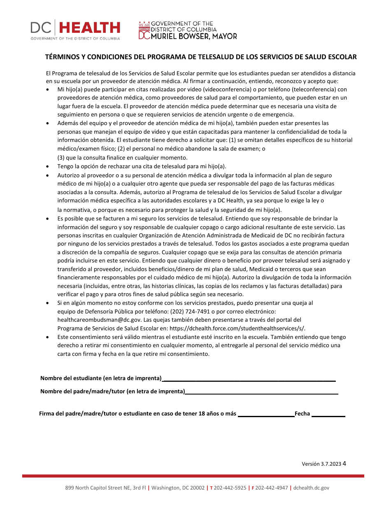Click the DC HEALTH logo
click(x=75, y=30)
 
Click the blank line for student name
click(x=249, y=378)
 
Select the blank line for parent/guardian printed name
click(x=261, y=392)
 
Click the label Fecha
click(x=302, y=414)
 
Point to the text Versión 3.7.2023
click(x=321, y=464)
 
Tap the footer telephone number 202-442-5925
click(x=230, y=488)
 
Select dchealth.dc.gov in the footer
click(x=312, y=488)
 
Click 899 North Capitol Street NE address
click(x=105, y=488)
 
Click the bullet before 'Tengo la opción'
click(x=48, y=167)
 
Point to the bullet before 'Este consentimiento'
click(x=48, y=337)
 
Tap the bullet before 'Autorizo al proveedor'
click(x=48, y=175)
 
